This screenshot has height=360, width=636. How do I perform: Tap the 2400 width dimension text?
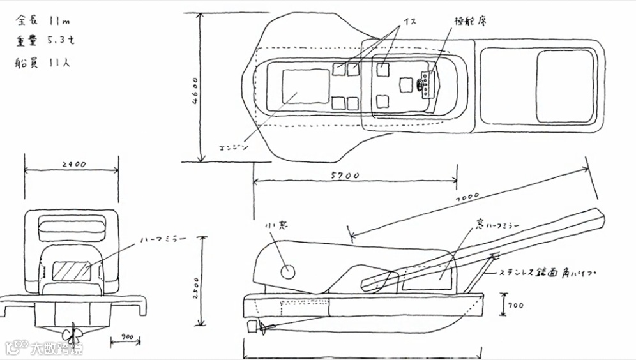pyautogui.click(x=73, y=165)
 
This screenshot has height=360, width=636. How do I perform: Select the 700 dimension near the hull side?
pyautogui.click(x=517, y=306)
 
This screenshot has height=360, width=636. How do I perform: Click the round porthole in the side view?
pyautogui.click(x=289, y=271)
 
